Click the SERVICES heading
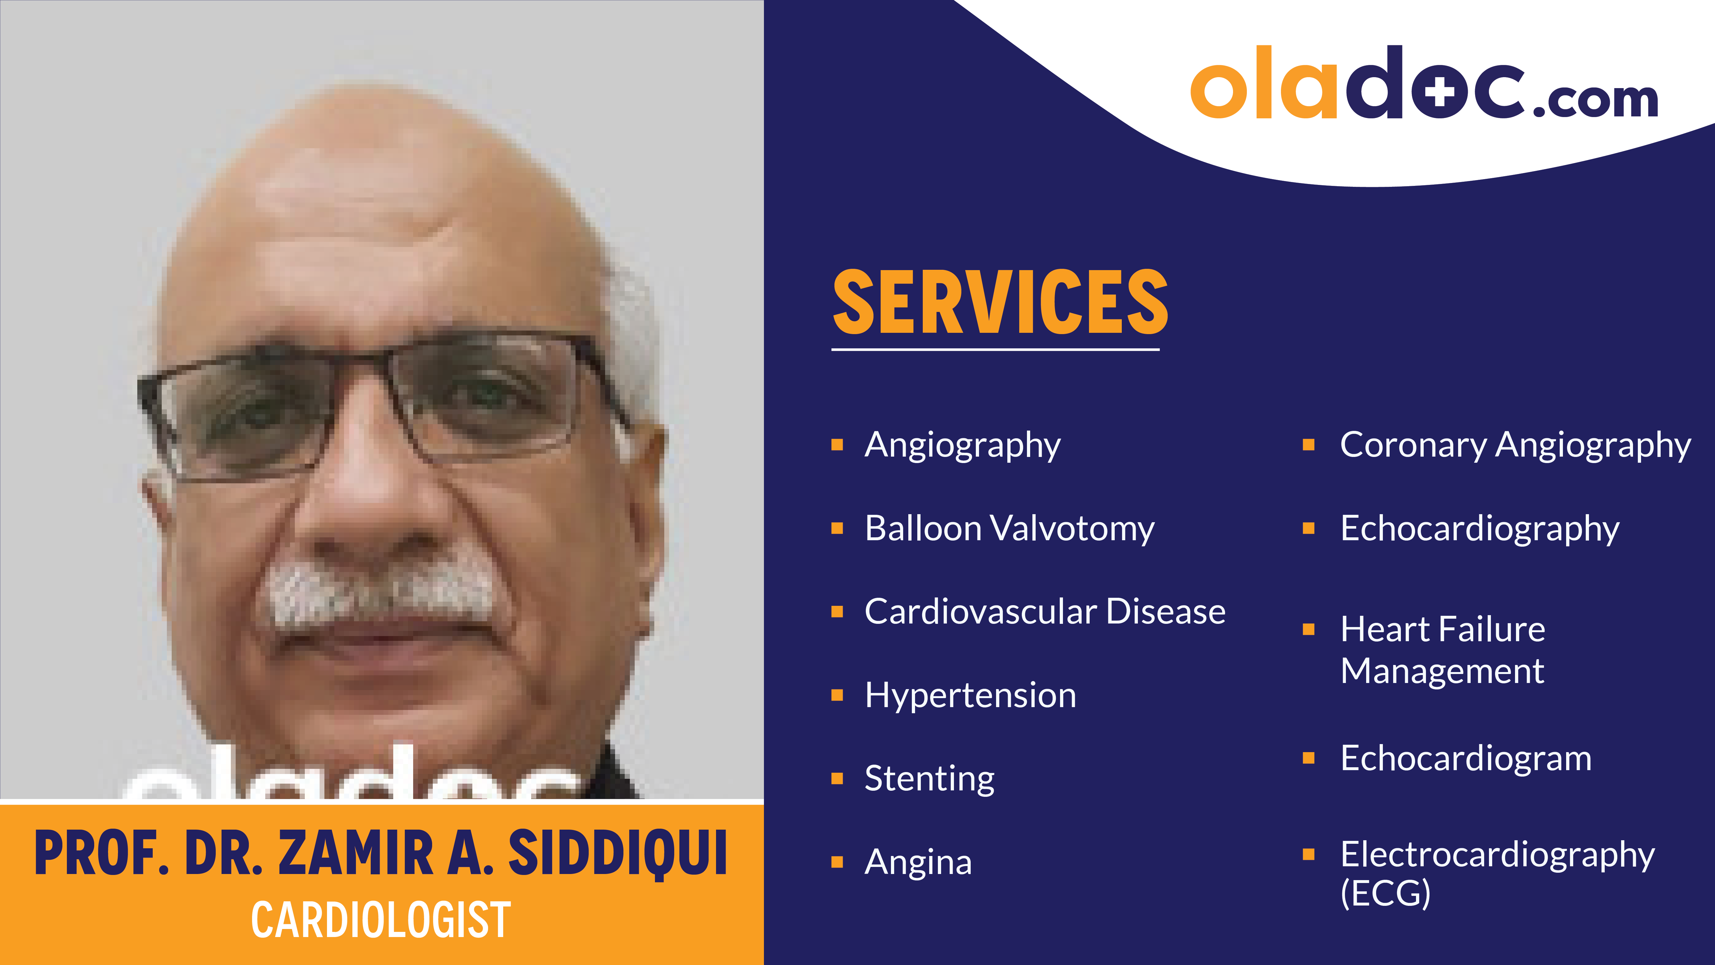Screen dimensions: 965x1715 pos(1000,303)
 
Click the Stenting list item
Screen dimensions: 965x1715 pos(930,778)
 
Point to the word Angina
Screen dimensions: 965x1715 pos(918,862)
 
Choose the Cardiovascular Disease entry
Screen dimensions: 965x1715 pos(1045,612)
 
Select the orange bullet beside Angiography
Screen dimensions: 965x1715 pos(838,445)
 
